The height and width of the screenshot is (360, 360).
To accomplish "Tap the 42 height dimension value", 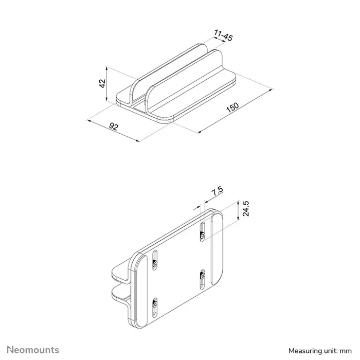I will pyautogui.click(x=102, y=83).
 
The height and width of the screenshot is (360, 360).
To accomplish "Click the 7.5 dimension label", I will pyautogui.click(x=217, y=192).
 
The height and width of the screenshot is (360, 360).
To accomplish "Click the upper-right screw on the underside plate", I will pyautogui.click(x=202, y=236).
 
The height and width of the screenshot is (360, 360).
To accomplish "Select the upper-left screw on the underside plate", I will pyautogui.click(x=155, y=264).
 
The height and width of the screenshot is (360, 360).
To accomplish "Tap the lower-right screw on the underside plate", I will pyautogui.click(x=202, y=276).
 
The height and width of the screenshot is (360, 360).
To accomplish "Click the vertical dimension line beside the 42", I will pyautogui.click(x=106, y=85).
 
